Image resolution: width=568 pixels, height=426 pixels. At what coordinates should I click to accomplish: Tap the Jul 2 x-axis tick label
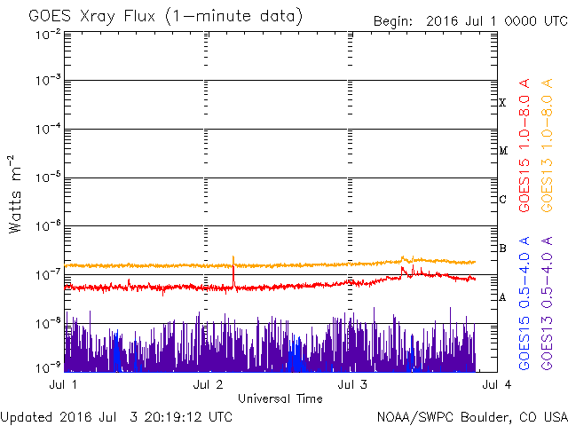[208, 384]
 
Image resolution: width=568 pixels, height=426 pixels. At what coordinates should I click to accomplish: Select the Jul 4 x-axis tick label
[497, 384]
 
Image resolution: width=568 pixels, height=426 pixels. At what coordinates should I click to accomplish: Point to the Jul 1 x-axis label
[63, 384]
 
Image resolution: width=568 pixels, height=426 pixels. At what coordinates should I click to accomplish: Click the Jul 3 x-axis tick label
[352, 384]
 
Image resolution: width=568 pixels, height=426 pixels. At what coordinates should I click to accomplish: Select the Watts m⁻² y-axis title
[15, 194]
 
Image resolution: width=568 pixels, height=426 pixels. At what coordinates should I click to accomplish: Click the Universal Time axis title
[280, 398]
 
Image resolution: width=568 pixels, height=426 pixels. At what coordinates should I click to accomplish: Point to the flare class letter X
[502, 103]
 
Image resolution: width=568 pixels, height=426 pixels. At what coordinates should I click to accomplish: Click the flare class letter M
[503, 151]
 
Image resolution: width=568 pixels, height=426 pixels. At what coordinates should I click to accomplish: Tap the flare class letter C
[502, 199]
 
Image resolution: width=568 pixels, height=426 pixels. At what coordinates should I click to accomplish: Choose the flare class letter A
[502, 297]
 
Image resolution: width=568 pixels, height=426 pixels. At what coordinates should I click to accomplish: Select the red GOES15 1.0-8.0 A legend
[525, 145]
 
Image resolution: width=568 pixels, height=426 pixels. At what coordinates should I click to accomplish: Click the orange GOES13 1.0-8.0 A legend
[547, 145]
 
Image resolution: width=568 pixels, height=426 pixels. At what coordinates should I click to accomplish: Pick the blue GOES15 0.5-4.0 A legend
[525, 303]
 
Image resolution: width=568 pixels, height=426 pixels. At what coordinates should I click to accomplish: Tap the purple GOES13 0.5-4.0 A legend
[547, 303]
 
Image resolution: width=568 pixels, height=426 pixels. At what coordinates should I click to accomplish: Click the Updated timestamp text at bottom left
[116, 417]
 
